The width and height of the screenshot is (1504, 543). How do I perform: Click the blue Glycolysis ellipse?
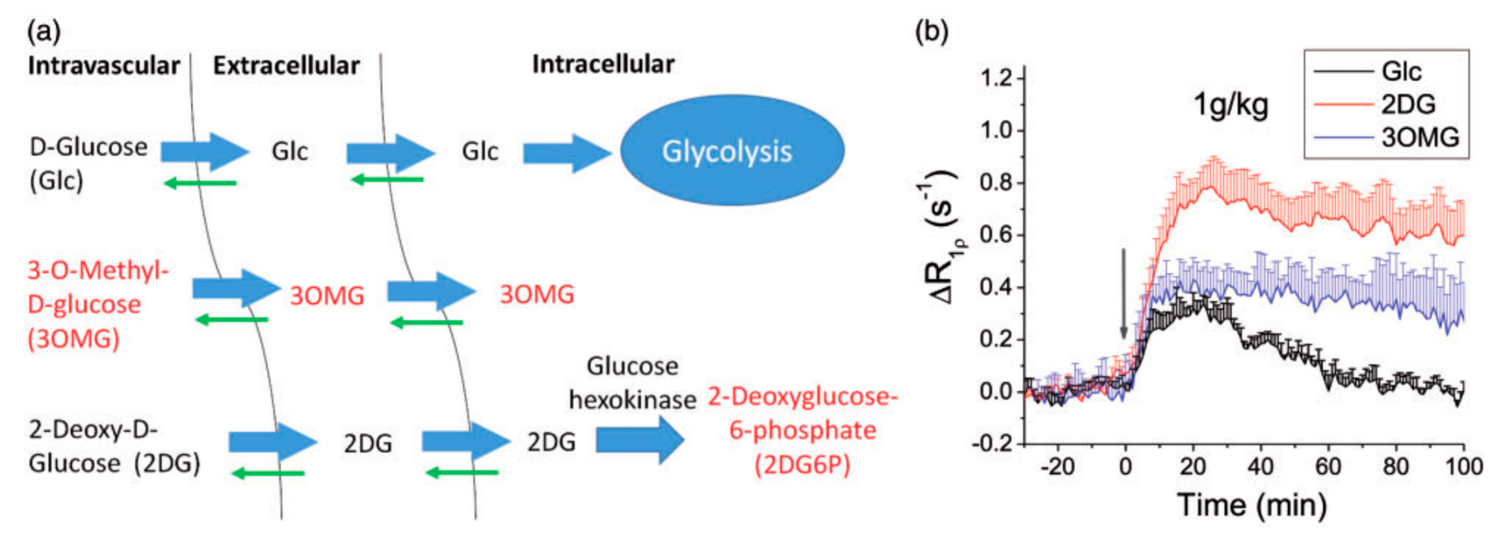(731, 151)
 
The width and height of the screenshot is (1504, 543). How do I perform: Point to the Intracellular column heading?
(603, 64)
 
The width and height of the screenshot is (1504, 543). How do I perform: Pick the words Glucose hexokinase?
(632, 383)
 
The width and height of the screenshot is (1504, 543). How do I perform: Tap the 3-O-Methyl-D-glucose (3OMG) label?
(96, 304)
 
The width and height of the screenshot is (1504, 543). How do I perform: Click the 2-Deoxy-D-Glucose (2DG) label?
(114, 447)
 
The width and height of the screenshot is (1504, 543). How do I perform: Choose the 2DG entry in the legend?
(1407, 105)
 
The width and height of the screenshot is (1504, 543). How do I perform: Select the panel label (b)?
(931, 30)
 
